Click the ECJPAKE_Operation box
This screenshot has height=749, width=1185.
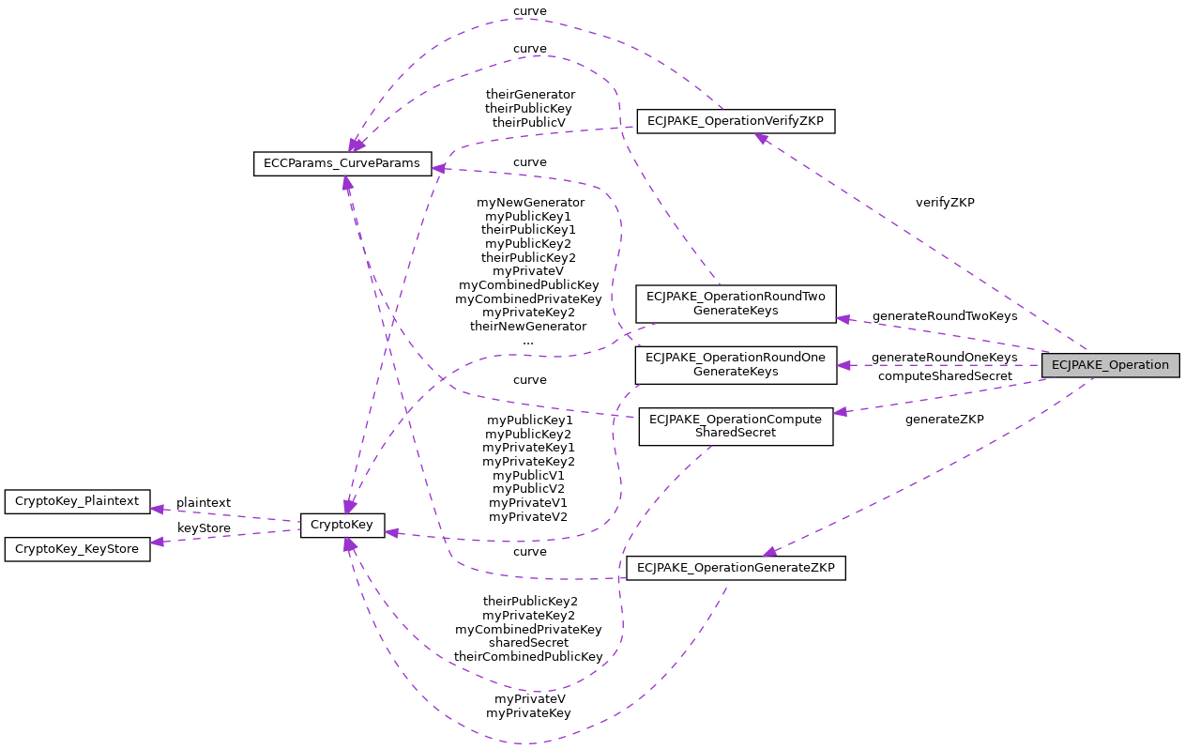1110,365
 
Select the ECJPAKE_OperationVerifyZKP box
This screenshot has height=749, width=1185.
736,121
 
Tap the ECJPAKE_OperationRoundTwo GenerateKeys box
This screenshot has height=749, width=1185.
736,303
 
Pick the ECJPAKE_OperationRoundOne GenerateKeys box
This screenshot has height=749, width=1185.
736,364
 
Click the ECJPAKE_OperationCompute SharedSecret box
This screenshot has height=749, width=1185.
736,426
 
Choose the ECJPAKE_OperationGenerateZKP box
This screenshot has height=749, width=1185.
736,568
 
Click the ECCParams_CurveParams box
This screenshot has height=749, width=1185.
342,163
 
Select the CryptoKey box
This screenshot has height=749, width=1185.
342,526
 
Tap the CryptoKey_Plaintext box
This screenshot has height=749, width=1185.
77,502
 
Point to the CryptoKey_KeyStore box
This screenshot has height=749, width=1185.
77,549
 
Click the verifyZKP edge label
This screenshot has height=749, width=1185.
945,203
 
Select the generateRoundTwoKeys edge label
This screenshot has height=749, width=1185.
944,316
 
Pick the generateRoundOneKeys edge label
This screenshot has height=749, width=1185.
944,358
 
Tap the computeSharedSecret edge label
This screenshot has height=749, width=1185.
945,376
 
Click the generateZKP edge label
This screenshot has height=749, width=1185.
944,420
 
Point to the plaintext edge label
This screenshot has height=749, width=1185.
204,503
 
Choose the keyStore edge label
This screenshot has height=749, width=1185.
204,528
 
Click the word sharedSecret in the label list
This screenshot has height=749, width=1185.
528,643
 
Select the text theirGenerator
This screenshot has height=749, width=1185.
530,95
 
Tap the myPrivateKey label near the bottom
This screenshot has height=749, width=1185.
528,713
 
